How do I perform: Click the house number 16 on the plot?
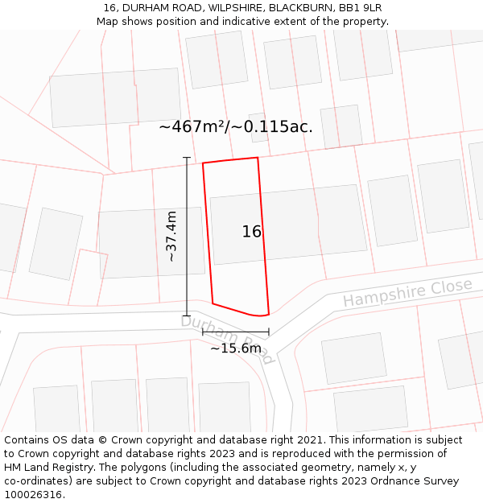pos(252,232)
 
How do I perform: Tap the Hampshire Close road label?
pos(407,293)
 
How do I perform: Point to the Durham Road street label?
pos(228,339)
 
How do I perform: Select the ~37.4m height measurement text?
pos(171,237)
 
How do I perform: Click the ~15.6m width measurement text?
pos(236,348)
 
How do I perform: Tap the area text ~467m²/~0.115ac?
pos(236,126)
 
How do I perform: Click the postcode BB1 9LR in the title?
pos(360,8)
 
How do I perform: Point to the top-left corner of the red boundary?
pos(203,163)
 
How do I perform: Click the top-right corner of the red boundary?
pos(258,158)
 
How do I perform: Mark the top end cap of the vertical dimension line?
pos(187,158)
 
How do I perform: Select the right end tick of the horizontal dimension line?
pos(269,331)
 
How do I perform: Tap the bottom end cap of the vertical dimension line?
pos(187,315)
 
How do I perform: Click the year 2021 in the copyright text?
pos(309,440)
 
